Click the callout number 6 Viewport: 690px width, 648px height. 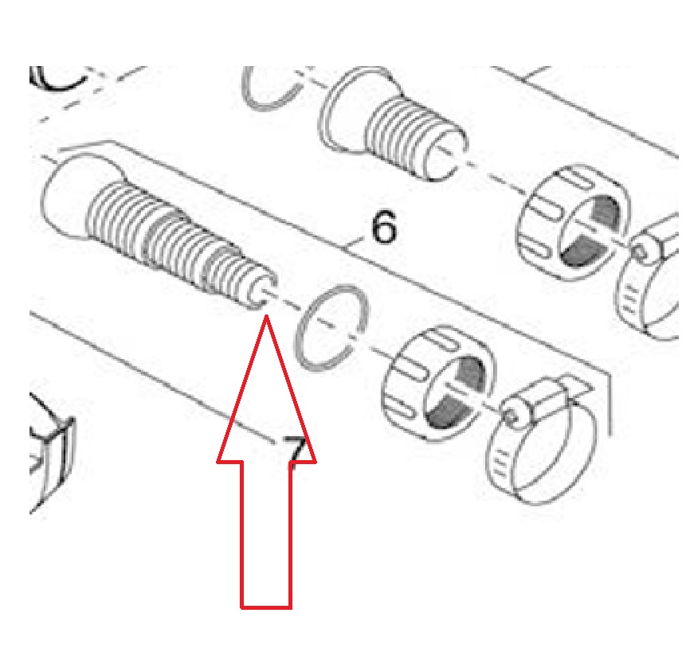pos(384,227)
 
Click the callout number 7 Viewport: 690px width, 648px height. pos(294,452)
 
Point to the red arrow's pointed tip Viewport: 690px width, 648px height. pos(266,316)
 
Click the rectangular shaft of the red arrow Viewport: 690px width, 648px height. pos(266,535)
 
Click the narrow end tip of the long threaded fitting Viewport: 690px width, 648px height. pos(263,291)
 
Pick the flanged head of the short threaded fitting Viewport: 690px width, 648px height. pos(352,111)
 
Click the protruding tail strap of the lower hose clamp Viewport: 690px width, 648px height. pos(578,386)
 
